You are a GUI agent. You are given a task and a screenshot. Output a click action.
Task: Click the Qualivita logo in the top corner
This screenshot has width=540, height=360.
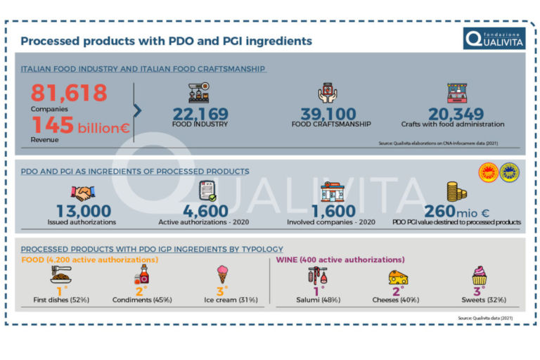[494, 39]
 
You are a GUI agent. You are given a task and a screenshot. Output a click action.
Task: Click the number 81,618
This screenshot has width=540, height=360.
[69, 92]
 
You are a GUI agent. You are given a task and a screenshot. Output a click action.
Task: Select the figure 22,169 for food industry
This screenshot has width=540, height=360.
[200, 114]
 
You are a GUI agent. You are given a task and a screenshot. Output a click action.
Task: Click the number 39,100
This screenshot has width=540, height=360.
[328, 114]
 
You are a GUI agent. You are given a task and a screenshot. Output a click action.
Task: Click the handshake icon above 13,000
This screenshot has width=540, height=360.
[83, 193]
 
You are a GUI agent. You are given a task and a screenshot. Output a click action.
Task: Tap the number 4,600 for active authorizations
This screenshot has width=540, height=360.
[205, 211]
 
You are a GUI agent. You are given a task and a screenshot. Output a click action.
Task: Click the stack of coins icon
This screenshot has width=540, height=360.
[457, 191]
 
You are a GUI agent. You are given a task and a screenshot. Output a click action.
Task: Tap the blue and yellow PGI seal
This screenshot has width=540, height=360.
[510, 172]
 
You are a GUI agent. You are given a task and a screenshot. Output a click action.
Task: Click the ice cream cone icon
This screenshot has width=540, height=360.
[223, 275]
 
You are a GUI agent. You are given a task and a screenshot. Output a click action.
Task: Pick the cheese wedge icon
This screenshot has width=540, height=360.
[398, 276]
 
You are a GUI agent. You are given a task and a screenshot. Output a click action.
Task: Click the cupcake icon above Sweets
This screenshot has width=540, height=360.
[480, 275]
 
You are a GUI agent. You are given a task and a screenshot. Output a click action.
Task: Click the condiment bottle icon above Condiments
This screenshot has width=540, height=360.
[141, 275]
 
